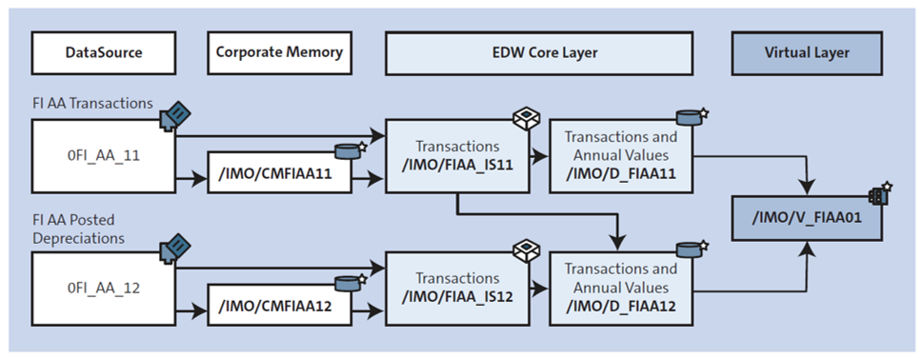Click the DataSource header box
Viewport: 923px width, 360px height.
tap(104, 53)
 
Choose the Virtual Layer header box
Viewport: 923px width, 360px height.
tap(807, 53)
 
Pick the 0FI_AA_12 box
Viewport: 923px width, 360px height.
tap(104, 283)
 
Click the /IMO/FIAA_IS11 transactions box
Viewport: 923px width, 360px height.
tap(459, 154)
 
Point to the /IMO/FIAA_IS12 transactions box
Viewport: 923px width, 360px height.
tap(459, 286)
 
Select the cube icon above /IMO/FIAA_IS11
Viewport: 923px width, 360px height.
tap(526, 118)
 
